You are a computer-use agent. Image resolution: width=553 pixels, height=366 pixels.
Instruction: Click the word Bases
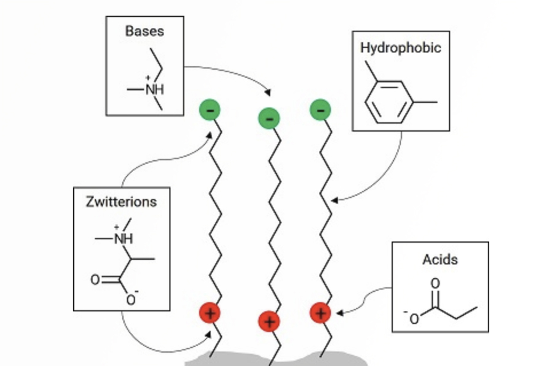[144, 31]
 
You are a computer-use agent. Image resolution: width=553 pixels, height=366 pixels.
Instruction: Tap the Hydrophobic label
[401, 48]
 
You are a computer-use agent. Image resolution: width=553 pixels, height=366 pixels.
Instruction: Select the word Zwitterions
[121, 202]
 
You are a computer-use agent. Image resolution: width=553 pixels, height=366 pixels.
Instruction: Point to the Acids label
[440, 259]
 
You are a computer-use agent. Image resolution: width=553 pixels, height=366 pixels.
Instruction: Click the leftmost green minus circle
[210, 110]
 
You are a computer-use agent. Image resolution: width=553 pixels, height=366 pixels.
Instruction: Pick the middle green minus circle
[269, 118]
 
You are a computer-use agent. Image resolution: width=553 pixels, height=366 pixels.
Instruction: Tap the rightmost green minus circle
[320, 110]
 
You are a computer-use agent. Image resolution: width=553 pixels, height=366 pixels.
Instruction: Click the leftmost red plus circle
[210, 313]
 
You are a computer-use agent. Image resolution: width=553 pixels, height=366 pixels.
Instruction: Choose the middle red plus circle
[269, 321]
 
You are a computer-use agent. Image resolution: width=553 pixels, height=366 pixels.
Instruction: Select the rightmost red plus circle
[320, 313]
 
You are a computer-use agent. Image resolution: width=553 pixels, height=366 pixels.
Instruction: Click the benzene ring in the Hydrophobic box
[389, 102]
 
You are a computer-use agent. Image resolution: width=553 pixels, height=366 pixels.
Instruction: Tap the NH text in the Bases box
[154, 90]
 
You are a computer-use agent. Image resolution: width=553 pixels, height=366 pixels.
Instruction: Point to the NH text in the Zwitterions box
[124, 239]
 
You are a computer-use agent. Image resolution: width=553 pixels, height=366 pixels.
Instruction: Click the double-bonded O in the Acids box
[435, 283]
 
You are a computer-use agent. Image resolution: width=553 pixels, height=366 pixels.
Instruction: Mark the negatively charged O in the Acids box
[414, 319]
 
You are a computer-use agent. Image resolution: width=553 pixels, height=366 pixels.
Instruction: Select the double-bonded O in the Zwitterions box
[95, 279]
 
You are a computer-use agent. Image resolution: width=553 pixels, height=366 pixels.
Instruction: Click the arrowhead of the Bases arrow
[268, 93]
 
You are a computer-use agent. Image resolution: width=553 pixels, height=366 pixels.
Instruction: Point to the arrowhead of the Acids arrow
[339, 313]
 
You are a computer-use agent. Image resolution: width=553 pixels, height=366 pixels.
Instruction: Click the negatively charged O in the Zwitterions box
[131, 300]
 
